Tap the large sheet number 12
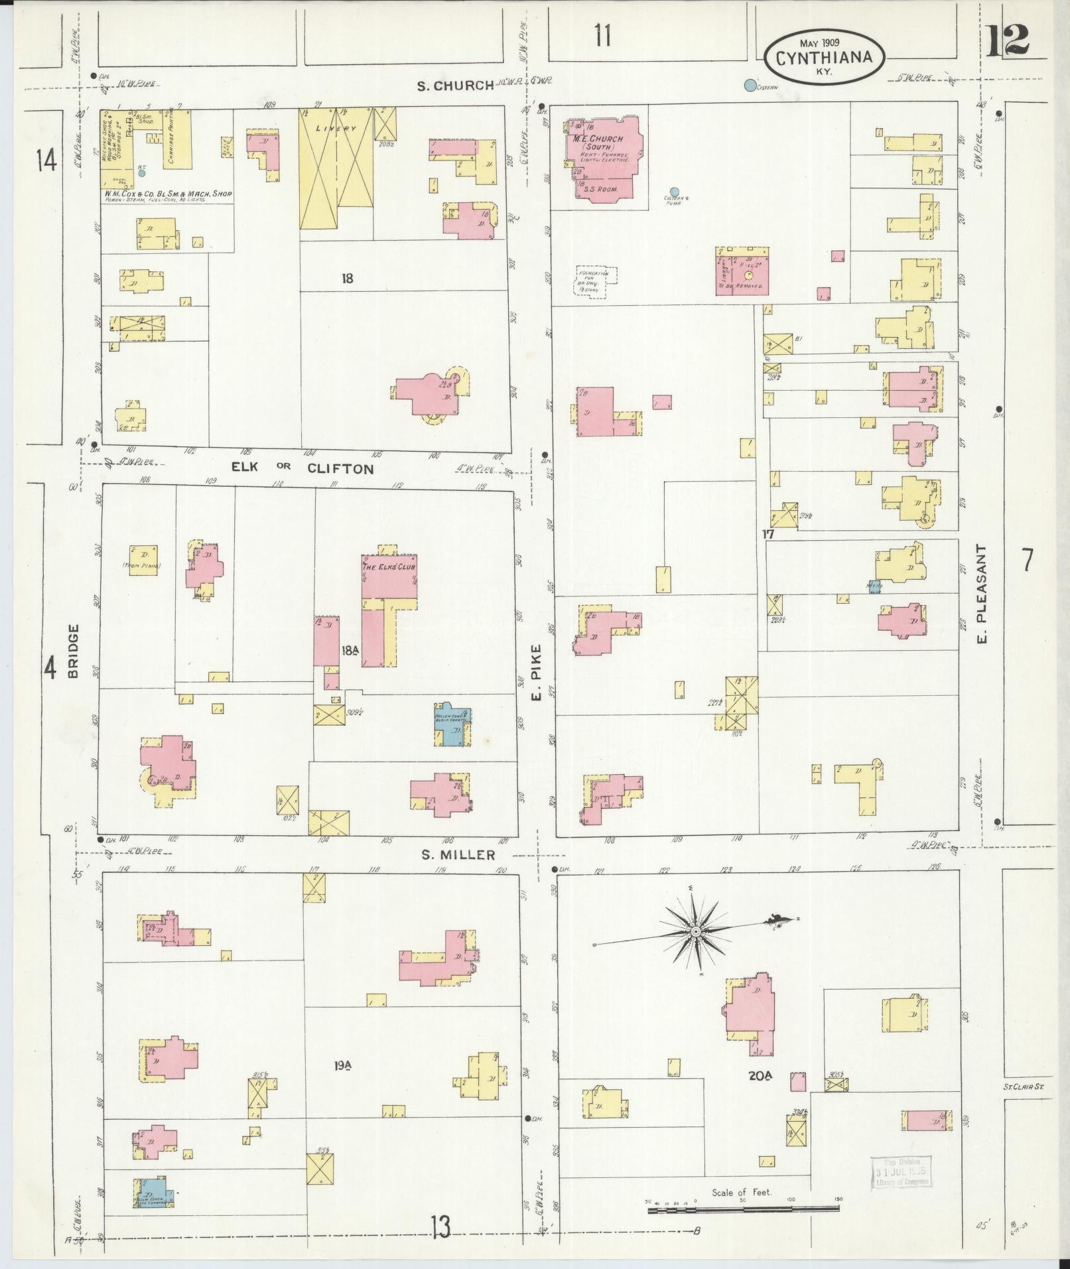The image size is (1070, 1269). click(x=1006, y=40)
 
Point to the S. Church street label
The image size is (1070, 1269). click(x=455, y=85)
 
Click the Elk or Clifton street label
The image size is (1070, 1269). click(x=302, y=468)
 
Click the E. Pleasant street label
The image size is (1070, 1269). click(x=983, y=594)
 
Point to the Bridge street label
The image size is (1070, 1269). click(x=73, y=651)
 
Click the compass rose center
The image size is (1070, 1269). click(x=695, y=932)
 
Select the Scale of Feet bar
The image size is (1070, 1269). click(x=743, y=1209)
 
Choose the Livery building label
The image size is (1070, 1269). click(x=336, y=129)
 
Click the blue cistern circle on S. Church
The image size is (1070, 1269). click(x=750, y=85)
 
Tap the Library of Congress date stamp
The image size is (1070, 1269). click(x=900, y=1171)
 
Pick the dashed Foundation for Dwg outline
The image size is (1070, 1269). click(x=595, y=283)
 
